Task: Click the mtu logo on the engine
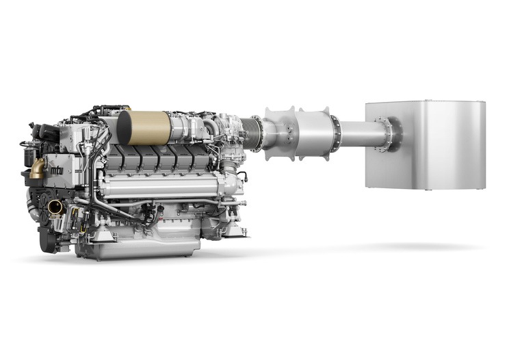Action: (x=57, y=170)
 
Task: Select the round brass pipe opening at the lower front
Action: (x=55, y=207)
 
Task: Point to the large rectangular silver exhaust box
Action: (x=426, y=145)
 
